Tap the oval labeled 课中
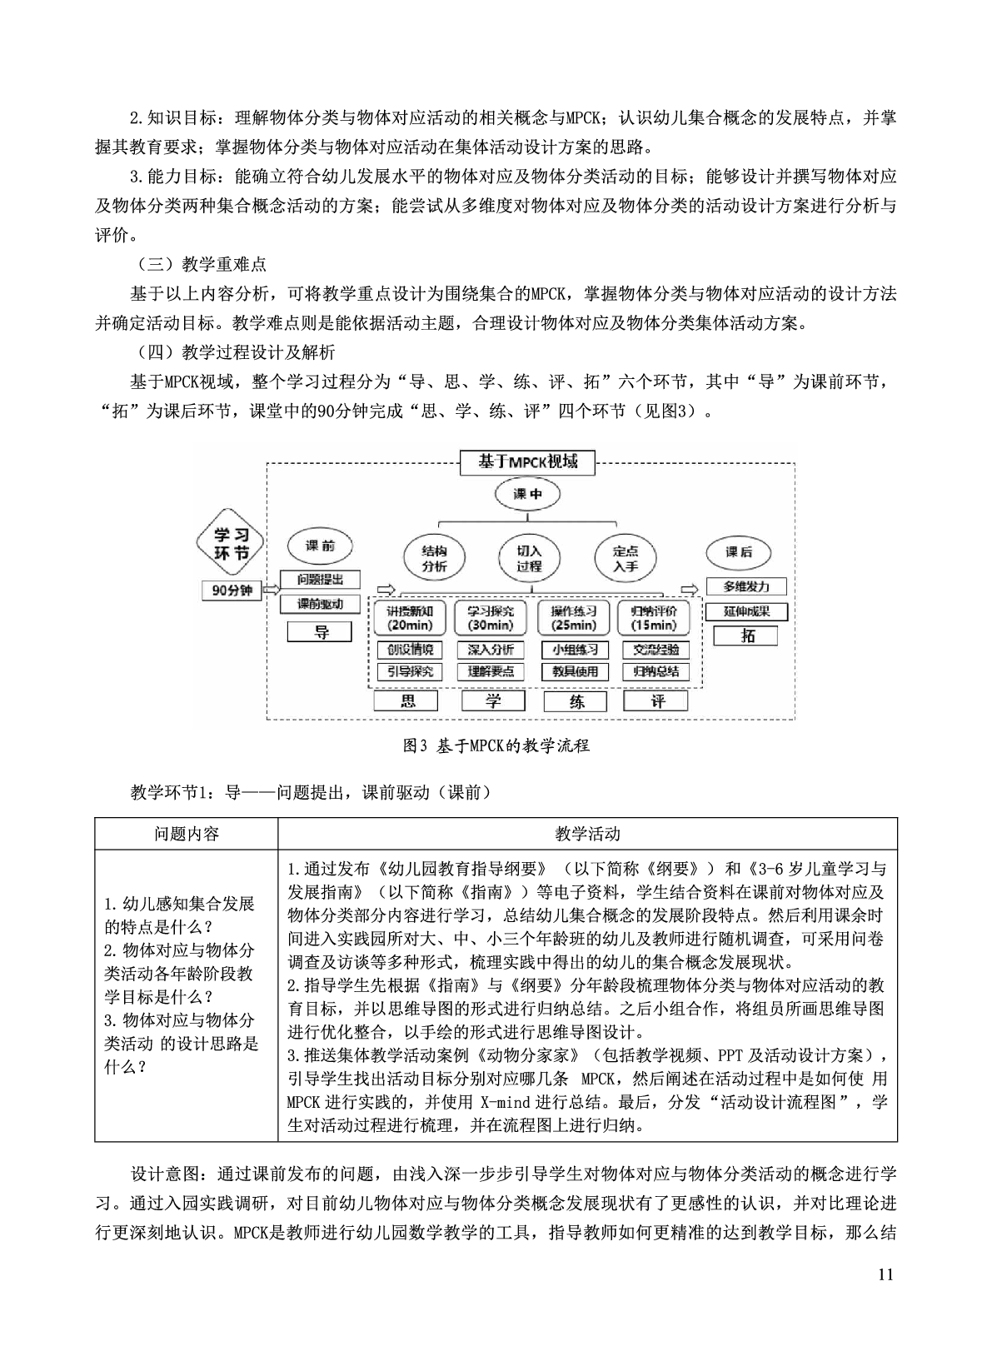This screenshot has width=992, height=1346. click(528, 493)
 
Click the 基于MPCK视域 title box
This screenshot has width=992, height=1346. click(528, 462)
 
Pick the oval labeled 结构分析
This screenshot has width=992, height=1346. click(434, 559)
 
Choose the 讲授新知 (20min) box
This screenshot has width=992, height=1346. click(409, 618)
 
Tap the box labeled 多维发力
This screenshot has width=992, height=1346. click(747, 586)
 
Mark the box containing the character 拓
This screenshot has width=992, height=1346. click(747, 636)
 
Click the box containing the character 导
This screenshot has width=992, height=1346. click(322, 631)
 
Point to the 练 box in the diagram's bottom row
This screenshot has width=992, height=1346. click(576, 700)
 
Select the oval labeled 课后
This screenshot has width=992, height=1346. click(738, 551)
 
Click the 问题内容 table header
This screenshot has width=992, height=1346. click(187, 834)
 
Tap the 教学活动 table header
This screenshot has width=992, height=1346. click(587, 834)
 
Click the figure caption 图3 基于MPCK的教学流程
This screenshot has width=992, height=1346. click(496, 745)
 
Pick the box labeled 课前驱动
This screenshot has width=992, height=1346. click(321, 604)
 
